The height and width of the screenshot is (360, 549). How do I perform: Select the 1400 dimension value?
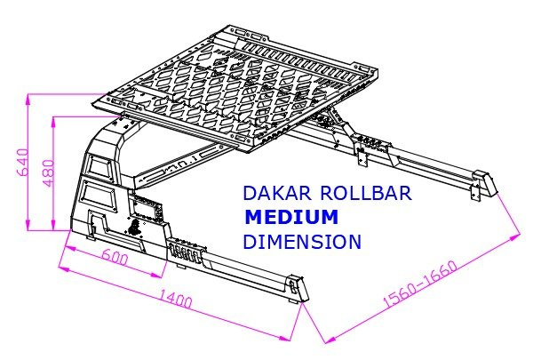[x=177, y=300]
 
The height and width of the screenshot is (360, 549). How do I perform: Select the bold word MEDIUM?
[x=292, y=217]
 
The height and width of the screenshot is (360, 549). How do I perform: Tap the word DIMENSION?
[x=302, y=241]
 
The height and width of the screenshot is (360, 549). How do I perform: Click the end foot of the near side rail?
[x=296, y=290]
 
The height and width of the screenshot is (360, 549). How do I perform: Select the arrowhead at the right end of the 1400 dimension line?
[x=290, y=337]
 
